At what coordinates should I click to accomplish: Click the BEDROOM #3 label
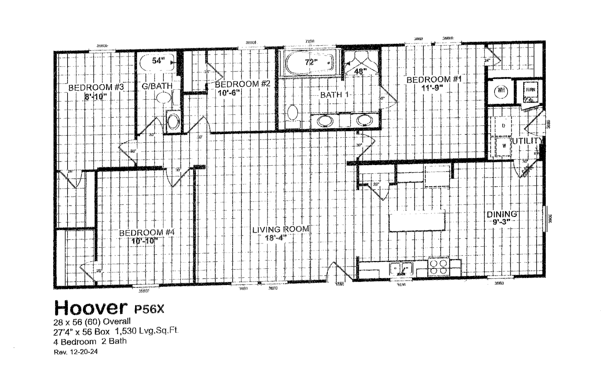tap(96, 87)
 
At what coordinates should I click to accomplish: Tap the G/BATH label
tap(157, 86)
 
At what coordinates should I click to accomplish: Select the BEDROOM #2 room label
tap(243, 84)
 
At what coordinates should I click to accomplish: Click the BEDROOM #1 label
tap(434, 79)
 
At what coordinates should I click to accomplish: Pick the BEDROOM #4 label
tap(147, 233)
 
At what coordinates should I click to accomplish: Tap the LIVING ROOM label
tap(281, 229)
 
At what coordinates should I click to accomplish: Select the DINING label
tap(501, 214)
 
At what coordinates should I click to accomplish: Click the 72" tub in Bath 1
tap(309, 63)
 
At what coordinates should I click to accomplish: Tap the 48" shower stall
tap(361, 64)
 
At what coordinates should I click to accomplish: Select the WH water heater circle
tap(501, 90)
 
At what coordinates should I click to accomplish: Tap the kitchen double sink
tap(401, 268)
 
